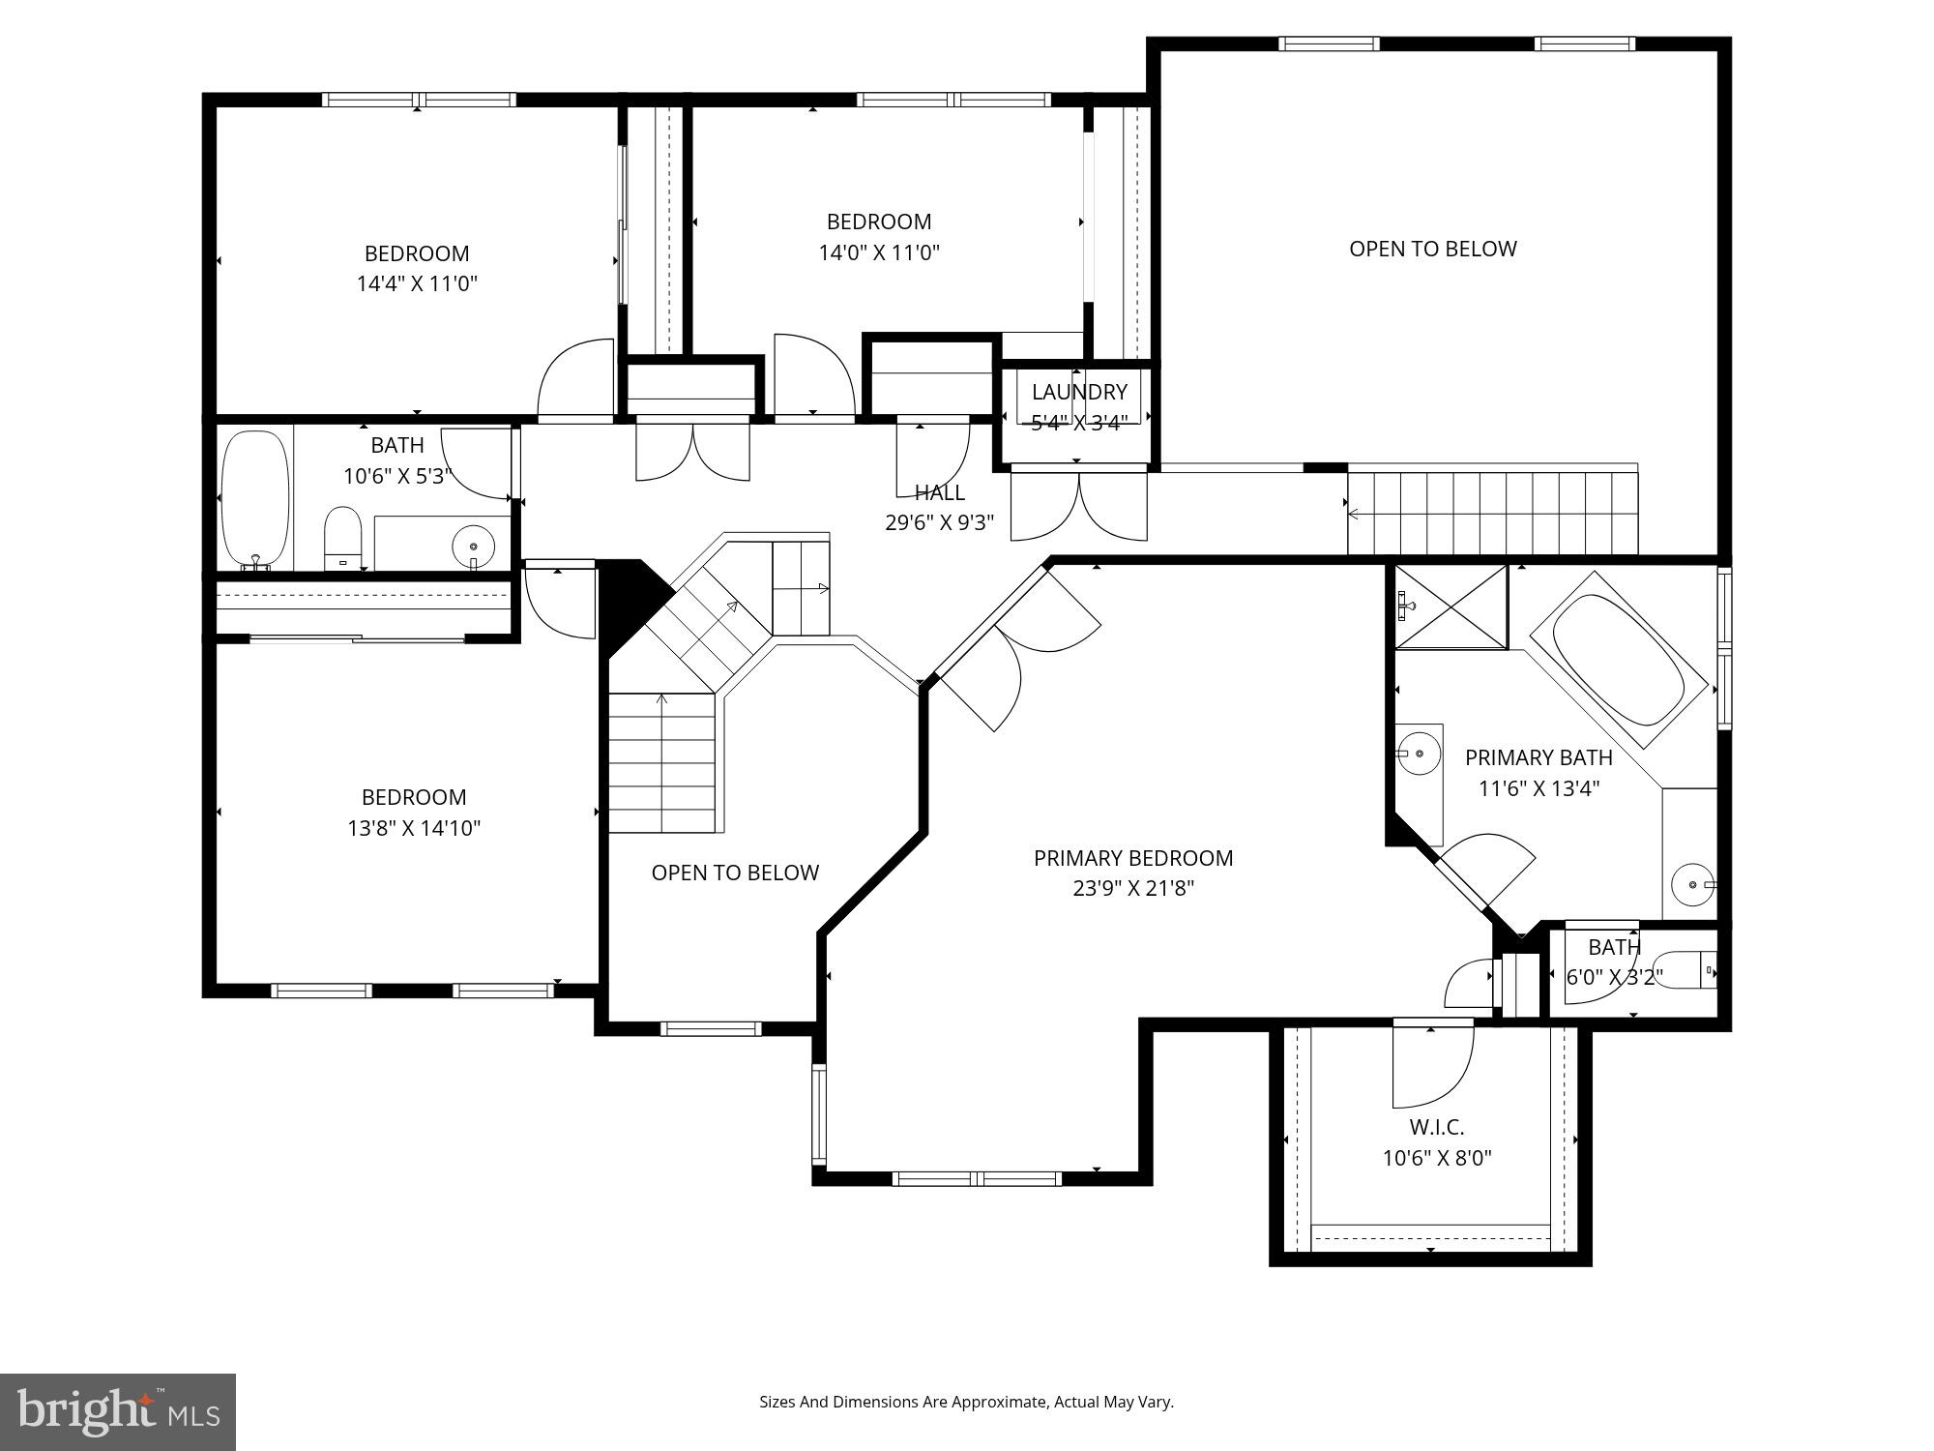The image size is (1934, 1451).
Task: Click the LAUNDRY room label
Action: pyautogui.click(x=1079, y=392)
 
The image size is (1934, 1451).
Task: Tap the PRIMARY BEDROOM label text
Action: pyautogui.click(x=1133, y=858)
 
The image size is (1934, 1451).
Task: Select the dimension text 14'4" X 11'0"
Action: pyautogui.click(x=417, y=283)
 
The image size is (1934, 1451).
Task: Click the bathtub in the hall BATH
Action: pyautogui.click(x=255, y=500)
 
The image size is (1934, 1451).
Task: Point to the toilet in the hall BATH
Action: pyautogui.click(x=342, y=538)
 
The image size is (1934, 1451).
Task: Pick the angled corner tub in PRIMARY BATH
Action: pyautogui.click(x=1618, y=660)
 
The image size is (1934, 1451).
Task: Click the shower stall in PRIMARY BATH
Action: pyautogui.click(x=1450, y=607)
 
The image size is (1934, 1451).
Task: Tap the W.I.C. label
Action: pyautogui.click(x=1436, y=1127)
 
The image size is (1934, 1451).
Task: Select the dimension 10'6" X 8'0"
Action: pyautogui.click(x=1436, y=1158)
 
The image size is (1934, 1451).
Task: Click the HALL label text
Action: pyautogui.click(x=939, y=492)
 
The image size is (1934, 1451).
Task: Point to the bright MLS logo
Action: pyautogui.click(x=118, y=1411)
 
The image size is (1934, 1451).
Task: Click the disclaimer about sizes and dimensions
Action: pyautogui.click(x=966, y=1402)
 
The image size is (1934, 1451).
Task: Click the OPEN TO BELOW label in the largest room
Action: pyautogui.click(x=1432, y=249)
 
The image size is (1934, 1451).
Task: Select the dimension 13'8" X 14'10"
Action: pyautogui.click(x=414, y=828)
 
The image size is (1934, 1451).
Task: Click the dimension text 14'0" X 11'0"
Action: pyautogui.click(x=879, y=252)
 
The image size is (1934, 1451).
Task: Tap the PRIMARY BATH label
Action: pyautogui.click(x=1538, y=757)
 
